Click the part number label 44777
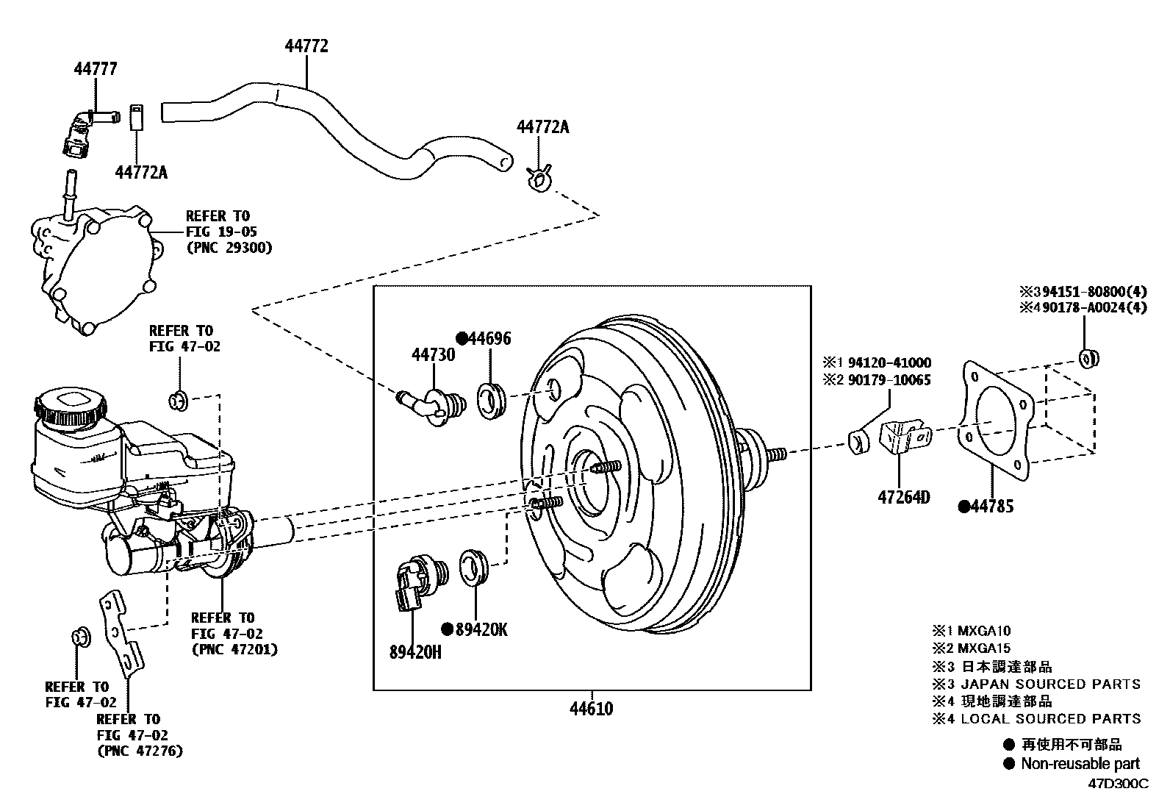[x=95, y=68]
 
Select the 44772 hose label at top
[x=306, y=46]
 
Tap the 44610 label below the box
[x=591, y=709]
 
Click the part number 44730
[x=433, y=355]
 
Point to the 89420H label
[x=415, y=651]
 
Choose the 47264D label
[x=903, y=498]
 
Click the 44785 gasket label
[x=991, y=506]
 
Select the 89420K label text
[x=481, y=629]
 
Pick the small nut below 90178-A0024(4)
[x=1088, y=358]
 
